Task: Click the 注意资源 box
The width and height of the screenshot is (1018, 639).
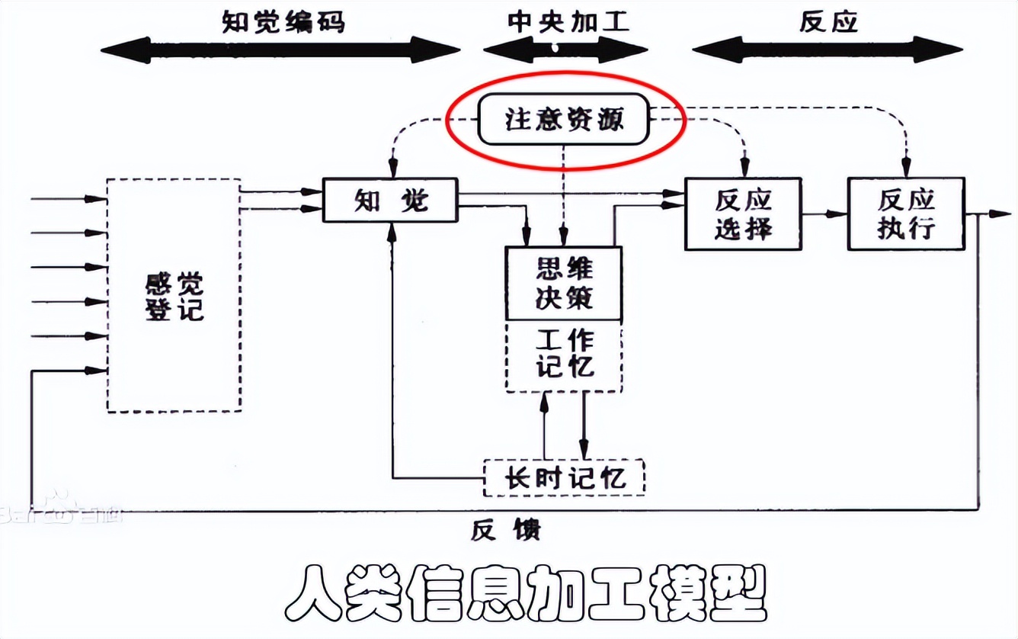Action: [564, 120]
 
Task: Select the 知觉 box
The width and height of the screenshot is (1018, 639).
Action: [390, 200]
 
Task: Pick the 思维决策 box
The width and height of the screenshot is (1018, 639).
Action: [564, 284]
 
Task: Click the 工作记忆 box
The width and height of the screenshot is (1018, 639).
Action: [564, 355]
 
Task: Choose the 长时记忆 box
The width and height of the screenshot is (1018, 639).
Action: [565, 478]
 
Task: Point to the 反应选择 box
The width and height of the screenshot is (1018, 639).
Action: [743, 214]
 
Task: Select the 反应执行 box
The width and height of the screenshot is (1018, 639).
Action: [906, 214]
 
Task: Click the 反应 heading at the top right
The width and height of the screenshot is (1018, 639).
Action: [829, 21]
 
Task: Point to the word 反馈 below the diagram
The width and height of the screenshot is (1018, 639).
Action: [505, 529]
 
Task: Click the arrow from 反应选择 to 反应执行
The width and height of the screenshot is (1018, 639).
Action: [824, 214]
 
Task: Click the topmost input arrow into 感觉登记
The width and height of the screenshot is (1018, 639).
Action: [69, 199]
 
